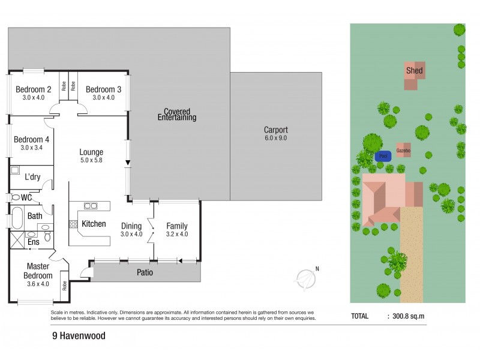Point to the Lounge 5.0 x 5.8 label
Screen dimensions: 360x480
point(91,156)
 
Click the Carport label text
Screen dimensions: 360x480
point(276,133)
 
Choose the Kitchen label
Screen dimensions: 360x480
point(94,224)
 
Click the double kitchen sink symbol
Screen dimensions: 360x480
point(91,206)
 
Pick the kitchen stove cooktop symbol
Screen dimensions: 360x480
point(73,224)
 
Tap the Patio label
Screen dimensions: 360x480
point(145,272)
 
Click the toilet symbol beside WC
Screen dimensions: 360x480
point(14,197)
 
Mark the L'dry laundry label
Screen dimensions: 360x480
point(32,177)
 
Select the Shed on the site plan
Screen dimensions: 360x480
point(413,71)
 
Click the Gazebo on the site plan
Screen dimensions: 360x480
point(403,151)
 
